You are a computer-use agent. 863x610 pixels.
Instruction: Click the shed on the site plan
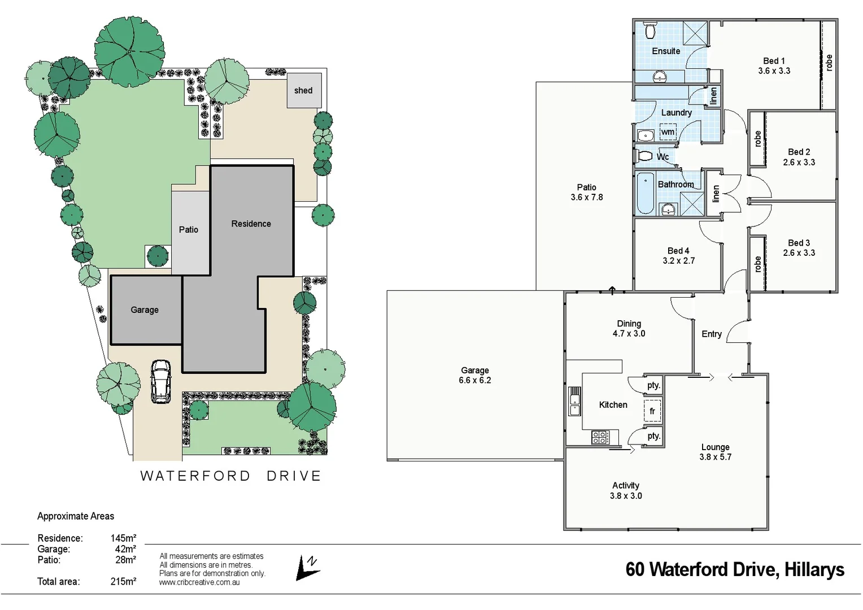[x=304, y=90]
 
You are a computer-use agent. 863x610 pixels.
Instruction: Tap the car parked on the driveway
[x=160, y=382]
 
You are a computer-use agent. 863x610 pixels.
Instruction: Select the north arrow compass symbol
[x=307, y=568]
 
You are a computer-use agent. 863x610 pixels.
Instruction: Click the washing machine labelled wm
[x=668, y=132]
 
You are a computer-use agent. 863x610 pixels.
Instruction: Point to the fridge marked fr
[x=652, y=411]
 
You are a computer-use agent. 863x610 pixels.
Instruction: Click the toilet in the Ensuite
[x=650, y=30]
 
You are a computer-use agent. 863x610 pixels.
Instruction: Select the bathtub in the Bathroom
[x=645, y=194]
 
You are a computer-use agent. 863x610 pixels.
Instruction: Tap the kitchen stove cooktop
[x=600, y=437]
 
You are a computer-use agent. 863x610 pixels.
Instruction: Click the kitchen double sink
[x=574, y=401]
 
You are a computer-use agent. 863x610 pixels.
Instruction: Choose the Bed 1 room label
[x=774, y=61]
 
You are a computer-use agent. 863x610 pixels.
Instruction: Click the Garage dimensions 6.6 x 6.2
[x=474, y=381]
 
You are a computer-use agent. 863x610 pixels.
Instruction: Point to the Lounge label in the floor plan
[x=715, y=447]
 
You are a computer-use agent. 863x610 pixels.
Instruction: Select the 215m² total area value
[x=123, y=581]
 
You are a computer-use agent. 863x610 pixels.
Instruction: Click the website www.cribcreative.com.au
[x=199, y=582]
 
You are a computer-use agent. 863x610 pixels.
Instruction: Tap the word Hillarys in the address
[x=814, y=569]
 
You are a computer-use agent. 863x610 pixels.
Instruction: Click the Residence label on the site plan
[x=251, y=224]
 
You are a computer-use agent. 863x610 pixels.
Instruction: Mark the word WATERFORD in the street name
[x=195, y=476]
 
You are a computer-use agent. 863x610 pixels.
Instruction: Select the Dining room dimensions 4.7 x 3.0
[x=629, y=334]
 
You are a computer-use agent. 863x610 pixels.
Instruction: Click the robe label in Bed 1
[x=829, y=62]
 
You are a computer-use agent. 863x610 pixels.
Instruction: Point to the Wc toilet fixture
[x=644, y=155]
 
